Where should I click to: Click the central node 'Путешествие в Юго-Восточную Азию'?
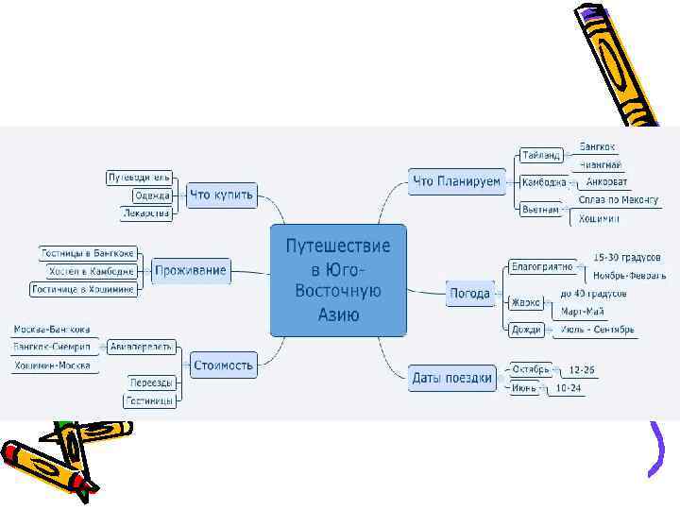pyautogui.click(x=338, y=280)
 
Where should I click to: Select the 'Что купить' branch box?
pyautogui.click(x=222, y=195)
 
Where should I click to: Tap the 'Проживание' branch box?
pyautogui.click(x=192, y=271)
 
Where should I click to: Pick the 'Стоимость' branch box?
pyautogui.click(x=223, y=364)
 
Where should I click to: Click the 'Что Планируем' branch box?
pyautogui.click(x=456, y=181)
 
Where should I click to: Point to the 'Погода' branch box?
pyautogui.click(x=469, y=294)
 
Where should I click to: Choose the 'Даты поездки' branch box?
pyautogui.click(x=452, y=379)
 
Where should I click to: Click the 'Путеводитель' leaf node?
pyautogui.click(x=139, y=178)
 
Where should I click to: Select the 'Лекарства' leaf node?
pyautogui.click(x=146, y=213)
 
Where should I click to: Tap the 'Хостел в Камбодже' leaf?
pyautogui.click(x=93, y=271)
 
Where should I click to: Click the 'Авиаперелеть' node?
pyautogui.click(x=140, y=346)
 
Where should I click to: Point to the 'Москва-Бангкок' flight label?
pyautogui.click(x=52, y=330)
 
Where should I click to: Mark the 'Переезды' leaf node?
pyautogui.click(x=152, y=382)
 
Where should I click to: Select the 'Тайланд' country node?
pyautogui.click(x=541, y=155)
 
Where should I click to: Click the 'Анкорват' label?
pyautogui.click(x=606, y=181)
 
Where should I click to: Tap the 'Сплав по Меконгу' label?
pyautogui.click(x=619, y=200)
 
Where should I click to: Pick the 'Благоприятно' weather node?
pyautogui.click(x=542, y=266)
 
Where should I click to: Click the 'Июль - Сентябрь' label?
pyautogui.click(x=599, y=330)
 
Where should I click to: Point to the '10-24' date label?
pyautogui.click(x=569, y=387)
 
